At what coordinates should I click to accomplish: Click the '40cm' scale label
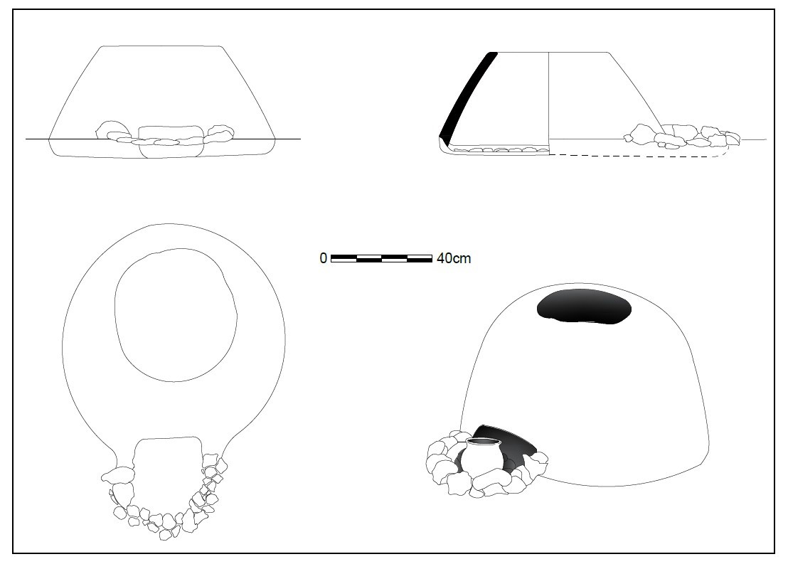click(x=454, y=258)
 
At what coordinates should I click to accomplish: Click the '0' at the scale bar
click(x=323, y=258)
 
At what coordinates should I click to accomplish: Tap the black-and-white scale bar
click(x=381, y=258)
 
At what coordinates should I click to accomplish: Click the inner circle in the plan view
click(x=176, y=314)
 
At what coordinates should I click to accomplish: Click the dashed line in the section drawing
click(x=638, y=155)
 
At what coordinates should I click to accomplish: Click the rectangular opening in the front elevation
click(x=171, y=142)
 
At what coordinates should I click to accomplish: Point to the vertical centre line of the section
click(x=548, y=103)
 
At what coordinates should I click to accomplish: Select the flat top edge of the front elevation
click(x=162, y=47)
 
